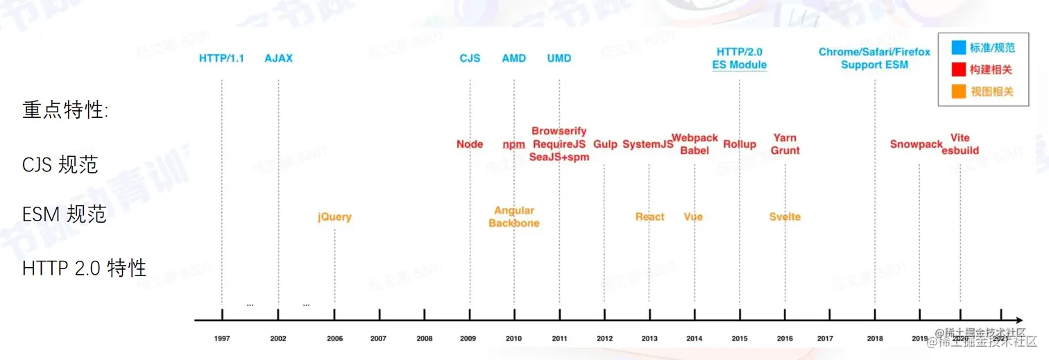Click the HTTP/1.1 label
221,58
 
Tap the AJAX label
278,58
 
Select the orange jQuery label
334,217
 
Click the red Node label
470,144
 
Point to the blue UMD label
559,58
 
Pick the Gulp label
605,144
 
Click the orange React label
650,217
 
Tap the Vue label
693,217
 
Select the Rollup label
740,144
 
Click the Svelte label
785,217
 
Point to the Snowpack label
916,144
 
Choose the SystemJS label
647,144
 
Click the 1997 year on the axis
222,338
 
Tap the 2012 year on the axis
604,338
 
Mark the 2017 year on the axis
825,338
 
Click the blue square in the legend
959,48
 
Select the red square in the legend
959,69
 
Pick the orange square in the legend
959,91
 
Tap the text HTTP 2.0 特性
84,268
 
